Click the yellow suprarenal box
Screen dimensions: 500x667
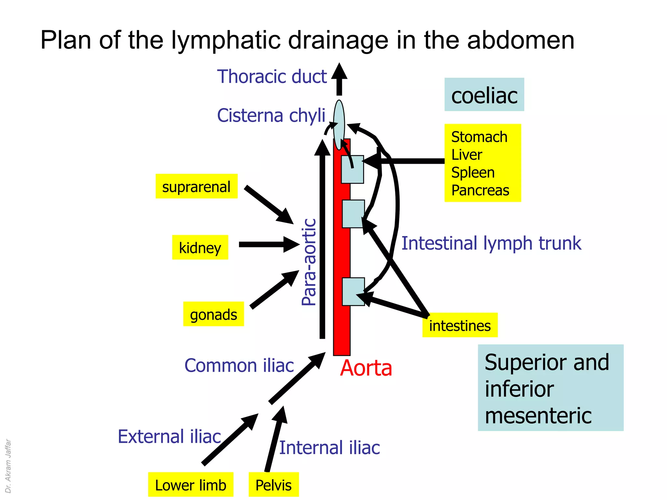coord(196,186)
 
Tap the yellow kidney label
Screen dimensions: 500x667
coord(200,247)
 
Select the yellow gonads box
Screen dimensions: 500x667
coord(213,314)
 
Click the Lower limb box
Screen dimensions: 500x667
coord(191,485)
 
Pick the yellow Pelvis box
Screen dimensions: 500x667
coord(274,485)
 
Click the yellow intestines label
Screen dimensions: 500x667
coord(460,325)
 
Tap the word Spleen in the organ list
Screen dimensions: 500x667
coord(473,173)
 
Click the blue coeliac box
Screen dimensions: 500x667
coord(484,95)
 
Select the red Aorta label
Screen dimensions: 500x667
coord(366,368)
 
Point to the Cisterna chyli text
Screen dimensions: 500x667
coord(271,115)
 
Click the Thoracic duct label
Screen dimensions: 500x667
coord(272,76)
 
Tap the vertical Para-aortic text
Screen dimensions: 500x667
coord(309,262)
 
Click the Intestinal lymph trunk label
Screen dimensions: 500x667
coord(491,243)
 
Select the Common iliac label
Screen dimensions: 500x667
coord(239,365)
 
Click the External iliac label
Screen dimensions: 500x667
coord(169,437)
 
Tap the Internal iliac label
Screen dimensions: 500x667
coord(329,448)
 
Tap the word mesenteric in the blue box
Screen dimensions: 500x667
coord(538,416)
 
